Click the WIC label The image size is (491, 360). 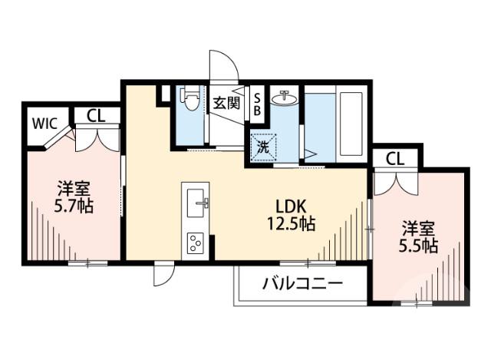44,121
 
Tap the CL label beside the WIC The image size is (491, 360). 95,116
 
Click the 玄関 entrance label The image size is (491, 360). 225,102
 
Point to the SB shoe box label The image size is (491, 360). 257,104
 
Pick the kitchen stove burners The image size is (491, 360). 194,243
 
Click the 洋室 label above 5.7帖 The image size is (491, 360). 74,189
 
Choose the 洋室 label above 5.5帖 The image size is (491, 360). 419,229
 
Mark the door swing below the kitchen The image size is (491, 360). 163,274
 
